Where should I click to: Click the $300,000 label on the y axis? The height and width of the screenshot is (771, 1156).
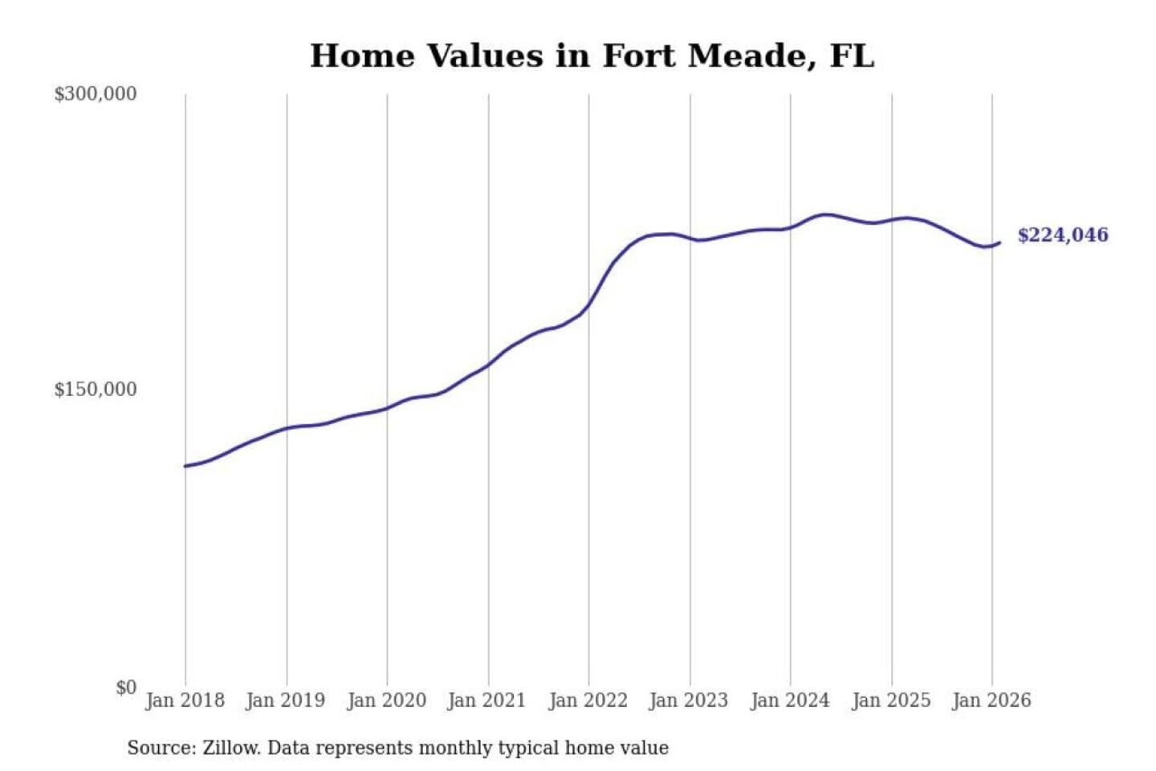(x=95, y=94)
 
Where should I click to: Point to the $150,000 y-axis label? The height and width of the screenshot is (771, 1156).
(x=95, y=390)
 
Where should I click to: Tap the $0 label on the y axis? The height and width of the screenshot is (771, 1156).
(x=126, y=687)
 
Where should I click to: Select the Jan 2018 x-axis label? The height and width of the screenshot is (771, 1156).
(x=185, y=700)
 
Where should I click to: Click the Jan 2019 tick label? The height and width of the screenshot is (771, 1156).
(x=285, y=700)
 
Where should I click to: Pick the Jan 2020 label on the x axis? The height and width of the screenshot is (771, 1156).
(x=386, y=700)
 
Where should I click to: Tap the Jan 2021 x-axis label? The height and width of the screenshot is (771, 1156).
(x=486, y=700)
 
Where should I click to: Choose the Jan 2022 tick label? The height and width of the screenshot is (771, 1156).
(x=588, y=700)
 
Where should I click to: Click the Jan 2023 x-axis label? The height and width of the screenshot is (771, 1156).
(x=688, y=700)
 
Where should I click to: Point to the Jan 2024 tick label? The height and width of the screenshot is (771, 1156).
(x=789, y=700)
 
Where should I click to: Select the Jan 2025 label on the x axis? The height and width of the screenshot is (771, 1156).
(x=890, y=700)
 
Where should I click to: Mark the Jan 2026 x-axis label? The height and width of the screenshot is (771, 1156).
(x=991, y=700)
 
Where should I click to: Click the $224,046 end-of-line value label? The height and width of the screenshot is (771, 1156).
(x=1062, y=235)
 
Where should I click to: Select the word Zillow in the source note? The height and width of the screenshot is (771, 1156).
(x=231, y=749)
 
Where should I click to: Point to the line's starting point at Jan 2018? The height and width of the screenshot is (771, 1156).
(x=185, y=466)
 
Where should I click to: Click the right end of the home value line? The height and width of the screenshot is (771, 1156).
(x=999, y=243)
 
